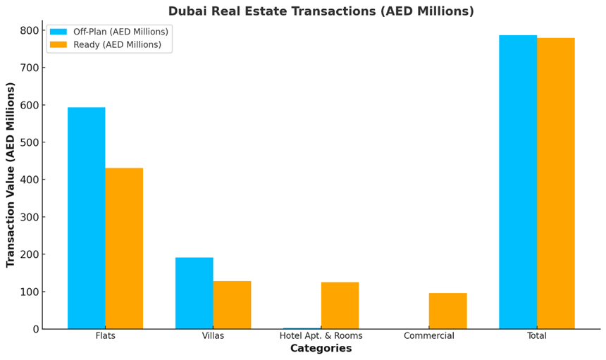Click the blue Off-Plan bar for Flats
[x=86, y=218]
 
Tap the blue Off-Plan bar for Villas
[x=194, y=293]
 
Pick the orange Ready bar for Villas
[x=232, y=305]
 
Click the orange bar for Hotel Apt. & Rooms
[x=340, y=306]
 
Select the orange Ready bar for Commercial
[x=447, y=311]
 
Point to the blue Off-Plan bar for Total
[x=518, y=182]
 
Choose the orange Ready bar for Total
[x=556, y=183]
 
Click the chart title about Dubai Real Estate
[x=321, y=11]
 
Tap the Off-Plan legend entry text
[x=120, y=32]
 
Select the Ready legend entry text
[x=117, y=44]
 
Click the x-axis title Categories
[x=321, y=349]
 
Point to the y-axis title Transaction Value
[x=11, y=175]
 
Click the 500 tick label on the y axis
[x=30, y=142]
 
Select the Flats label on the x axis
[x=105, y=336]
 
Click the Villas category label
[x=213, y=336]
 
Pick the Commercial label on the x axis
[x=428, y=336]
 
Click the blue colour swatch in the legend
[x=58, y=32]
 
